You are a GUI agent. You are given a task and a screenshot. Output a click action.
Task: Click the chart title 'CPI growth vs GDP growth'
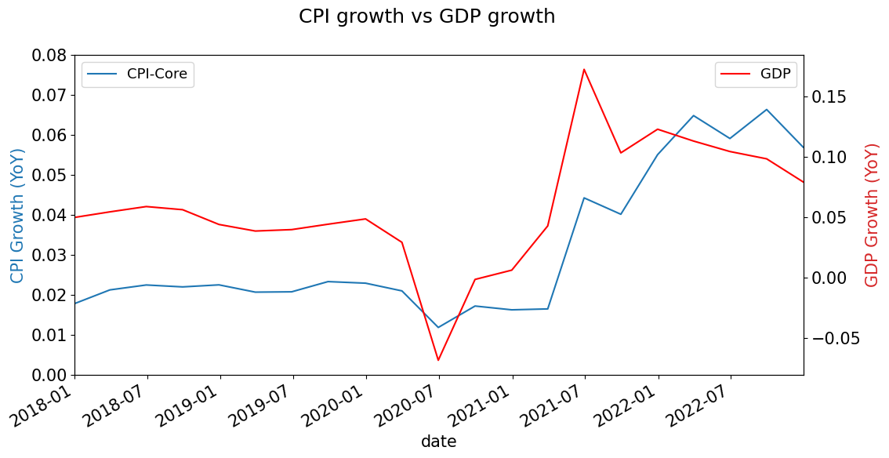(426, 16)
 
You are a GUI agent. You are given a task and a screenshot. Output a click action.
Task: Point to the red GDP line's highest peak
(584, 69)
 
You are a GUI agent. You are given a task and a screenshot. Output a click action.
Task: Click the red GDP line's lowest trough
(438, 360)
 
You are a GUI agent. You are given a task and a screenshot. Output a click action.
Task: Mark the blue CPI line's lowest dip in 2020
(438, 327)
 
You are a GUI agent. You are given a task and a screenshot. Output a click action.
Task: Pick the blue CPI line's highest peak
(767, 109)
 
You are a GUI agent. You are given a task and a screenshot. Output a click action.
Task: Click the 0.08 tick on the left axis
(49, 56)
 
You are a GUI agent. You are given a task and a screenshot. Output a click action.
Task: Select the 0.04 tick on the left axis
(49, 216)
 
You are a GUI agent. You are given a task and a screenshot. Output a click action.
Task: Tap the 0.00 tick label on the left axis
(49, 376)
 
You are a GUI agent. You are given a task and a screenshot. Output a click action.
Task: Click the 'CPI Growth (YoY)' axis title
(17, 215)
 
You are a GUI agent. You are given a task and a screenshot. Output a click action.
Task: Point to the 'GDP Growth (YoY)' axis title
(872, 215)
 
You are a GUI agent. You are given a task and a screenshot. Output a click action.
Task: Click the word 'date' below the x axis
(438, 442)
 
